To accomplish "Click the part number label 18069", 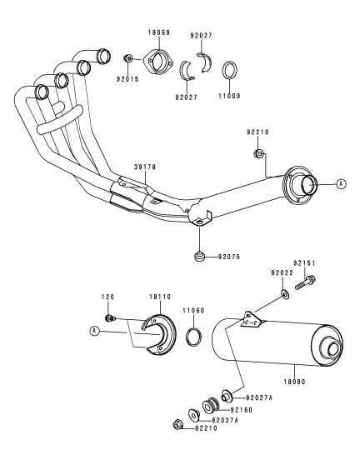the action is click(x=158, y=32).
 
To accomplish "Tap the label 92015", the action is click(x=127, y=79).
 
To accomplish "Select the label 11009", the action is click(x=229, y=96).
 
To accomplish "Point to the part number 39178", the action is click(x=145, y=167).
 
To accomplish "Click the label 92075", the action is click(x=229, y=257).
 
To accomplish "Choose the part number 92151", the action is click(x=304, y=263).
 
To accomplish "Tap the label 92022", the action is click(x=282, y=273).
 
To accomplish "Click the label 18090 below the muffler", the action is click(x=294, y=382).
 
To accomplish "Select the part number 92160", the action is click(x=241, y=410).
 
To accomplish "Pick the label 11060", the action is click(x=193, y=310).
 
